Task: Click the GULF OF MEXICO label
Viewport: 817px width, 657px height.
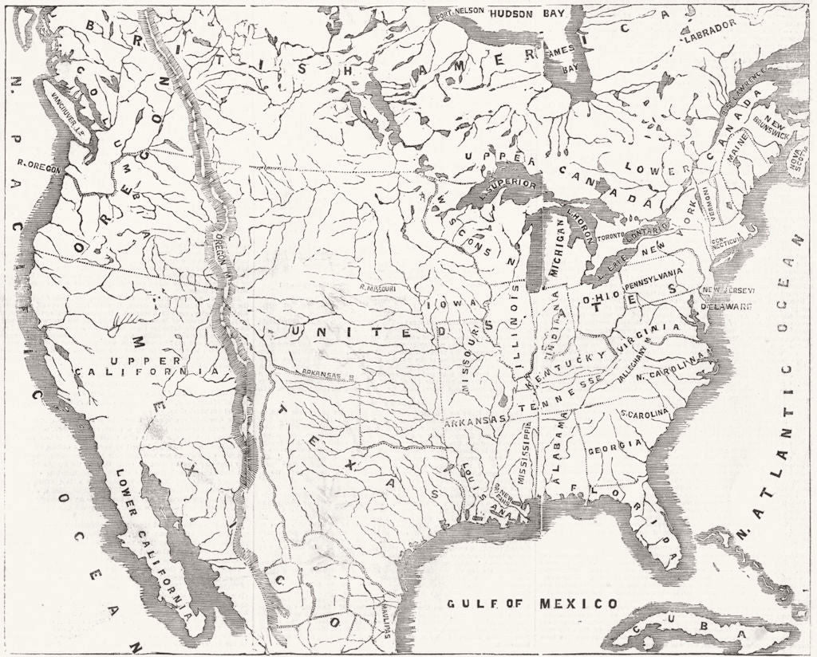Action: pyautogui.click(x=531, y=603)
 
